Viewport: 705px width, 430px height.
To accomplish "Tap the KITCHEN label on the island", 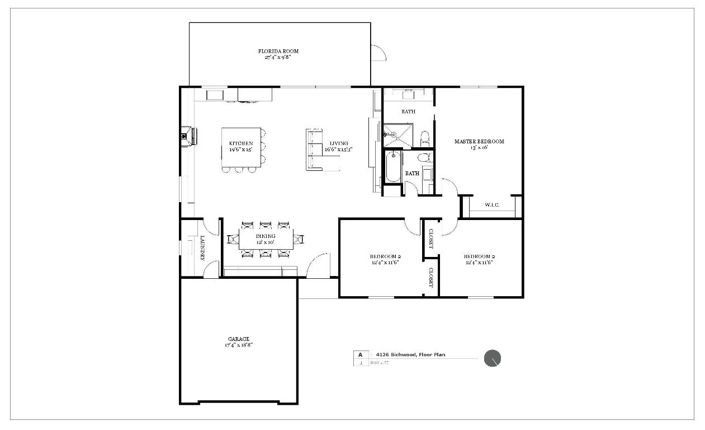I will click(x=240, y=144).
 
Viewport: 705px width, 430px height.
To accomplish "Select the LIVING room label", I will click(x=338, y=143).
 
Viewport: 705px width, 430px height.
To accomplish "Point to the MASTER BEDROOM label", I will click(x=479, y=142).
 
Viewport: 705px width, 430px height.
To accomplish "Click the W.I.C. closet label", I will click(x=492, y=205).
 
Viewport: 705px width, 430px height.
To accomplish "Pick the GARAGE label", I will click(x=238, y=339).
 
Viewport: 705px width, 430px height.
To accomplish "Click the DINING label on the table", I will click(x=266, y=236).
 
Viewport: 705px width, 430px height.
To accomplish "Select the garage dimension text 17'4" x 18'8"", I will click(x=238, y=345).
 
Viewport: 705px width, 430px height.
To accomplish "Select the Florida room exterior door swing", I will click(x=378, y=53).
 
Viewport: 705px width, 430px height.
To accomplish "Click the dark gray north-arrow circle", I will click(x=492, y=359).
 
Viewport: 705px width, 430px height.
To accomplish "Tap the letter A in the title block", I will click(x=361, y=355).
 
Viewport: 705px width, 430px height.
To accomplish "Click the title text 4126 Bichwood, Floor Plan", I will click(x=410, y=355).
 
